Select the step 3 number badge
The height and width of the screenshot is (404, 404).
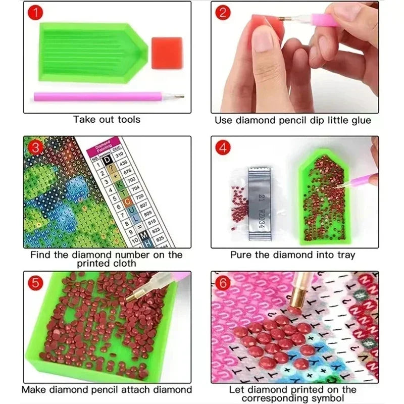tap(34, 148)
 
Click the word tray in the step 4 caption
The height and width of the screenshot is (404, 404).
tap(344, 255)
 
